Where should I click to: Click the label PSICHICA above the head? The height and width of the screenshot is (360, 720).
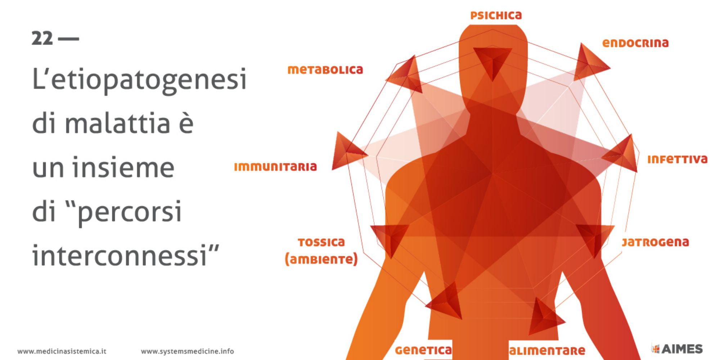click(496, 15)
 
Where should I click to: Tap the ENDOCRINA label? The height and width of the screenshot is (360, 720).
click(635, 43)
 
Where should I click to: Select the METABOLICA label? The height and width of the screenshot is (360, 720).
click(325, 70)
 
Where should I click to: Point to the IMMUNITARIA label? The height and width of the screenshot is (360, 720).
click(275, 167)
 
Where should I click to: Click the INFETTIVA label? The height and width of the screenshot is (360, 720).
click(678, 159)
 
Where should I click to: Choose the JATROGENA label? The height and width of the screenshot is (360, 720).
click(655, 242)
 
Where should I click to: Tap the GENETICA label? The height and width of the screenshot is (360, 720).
click(423, 350)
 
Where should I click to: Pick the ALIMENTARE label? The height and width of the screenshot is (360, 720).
click(547, 351)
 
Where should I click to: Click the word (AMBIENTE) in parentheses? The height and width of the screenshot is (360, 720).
click(321, 259)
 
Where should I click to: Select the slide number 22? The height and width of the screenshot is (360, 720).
click(42, 39)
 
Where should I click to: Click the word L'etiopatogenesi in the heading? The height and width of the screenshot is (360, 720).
click(139, 79)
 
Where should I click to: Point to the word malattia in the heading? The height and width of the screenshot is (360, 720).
click(117, 123)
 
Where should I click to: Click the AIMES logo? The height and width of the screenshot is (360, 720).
click(677, 349)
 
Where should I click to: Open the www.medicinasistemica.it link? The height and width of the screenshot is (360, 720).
click(62, 351)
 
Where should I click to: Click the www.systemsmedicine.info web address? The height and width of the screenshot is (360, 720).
click(187, 351)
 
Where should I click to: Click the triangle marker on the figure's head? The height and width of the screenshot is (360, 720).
click(492, 61)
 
